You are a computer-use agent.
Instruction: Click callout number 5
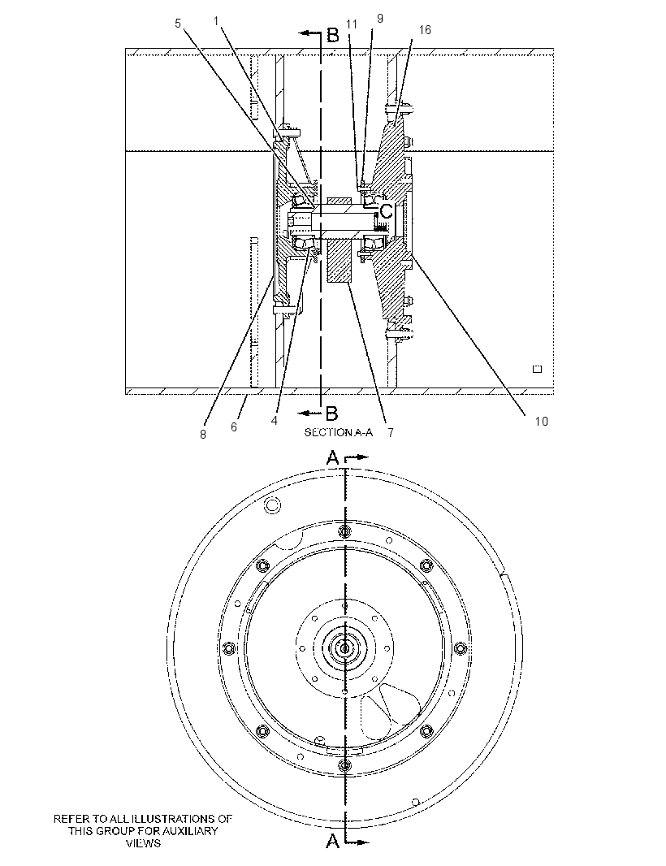coord(178,24)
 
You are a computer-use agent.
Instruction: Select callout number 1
coord(217,20)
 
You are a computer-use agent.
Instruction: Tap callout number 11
coord(352,24)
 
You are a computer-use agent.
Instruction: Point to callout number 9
coord(380,18)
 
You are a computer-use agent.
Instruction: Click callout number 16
coord(425,29)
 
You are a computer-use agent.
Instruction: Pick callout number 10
coord(541,422)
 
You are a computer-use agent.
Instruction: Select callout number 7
coord(391,433)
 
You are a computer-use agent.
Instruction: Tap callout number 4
coord(274,420)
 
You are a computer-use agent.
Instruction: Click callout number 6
coord(234,427)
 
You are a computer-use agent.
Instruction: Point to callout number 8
coord(203,435)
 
